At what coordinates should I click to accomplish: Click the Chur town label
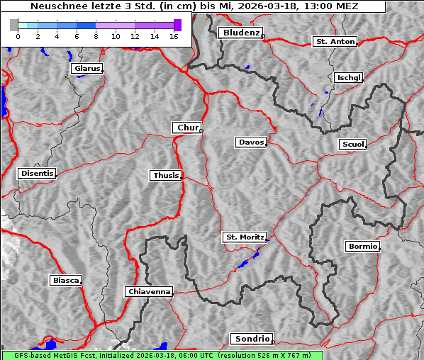point(187,128)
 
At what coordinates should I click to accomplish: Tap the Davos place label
point(251,142)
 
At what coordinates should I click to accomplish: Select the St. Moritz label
point(244,237)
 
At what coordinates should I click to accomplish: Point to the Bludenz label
point(240,33)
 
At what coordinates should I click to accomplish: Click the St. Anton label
point(334,42)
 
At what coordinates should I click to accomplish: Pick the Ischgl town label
point(348,77)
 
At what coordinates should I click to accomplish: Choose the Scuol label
point(352,145)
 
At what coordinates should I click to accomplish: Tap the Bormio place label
point(362,247)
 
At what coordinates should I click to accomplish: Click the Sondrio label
point(251,339)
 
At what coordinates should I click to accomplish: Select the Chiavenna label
point(148,291)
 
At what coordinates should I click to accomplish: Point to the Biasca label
point(65,281)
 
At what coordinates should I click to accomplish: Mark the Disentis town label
point(36,173)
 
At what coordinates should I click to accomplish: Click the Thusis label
point(166,175)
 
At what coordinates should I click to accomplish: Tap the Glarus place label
point(86,69)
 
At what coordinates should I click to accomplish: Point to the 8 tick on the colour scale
point(96,35)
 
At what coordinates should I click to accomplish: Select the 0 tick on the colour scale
point(17,35)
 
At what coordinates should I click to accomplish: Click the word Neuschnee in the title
point(55,6)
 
